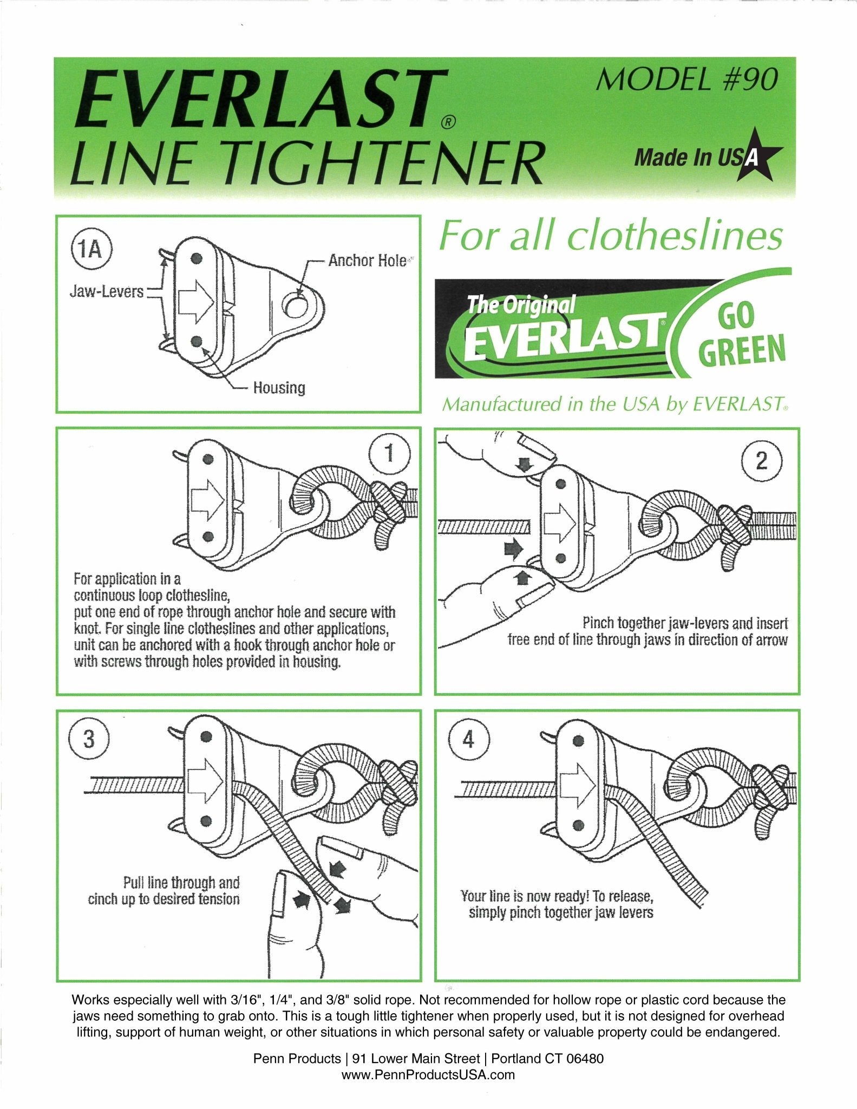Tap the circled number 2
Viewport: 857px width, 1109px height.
[x=761, y=460]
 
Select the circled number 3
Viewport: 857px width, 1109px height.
[x=89, y=739]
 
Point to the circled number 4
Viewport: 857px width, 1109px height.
[x=469, y=739]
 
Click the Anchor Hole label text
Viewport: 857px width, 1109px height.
[x=367, y=260]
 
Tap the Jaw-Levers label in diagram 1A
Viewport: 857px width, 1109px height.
[x=106, y=292]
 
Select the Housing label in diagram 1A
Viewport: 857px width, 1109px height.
[x=279, y=388]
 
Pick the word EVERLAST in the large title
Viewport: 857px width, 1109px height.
[x=260, y=97]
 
